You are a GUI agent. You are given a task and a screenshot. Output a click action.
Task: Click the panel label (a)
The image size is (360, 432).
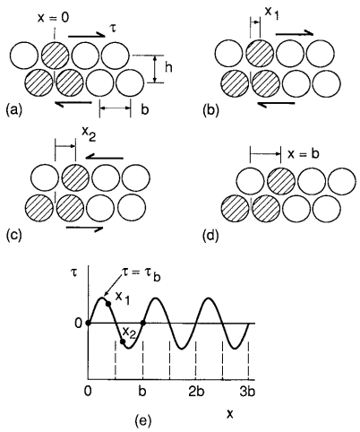pyautogui.click(x=14, y=110)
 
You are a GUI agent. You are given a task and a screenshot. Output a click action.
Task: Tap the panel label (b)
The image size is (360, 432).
pyautogui.click(x=210, y=110)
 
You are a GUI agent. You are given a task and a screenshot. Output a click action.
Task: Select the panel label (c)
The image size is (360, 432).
pyautogui.click(x=14, y=235)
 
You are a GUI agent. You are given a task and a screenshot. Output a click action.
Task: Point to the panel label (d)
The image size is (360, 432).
pyautogui.click(x=210, y=236)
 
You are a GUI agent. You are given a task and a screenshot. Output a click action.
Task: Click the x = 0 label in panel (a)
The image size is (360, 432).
pyautogui.click(x=53, y=18)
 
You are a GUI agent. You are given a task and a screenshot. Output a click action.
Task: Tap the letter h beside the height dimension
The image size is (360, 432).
pyautogui.click(x=168, y=68)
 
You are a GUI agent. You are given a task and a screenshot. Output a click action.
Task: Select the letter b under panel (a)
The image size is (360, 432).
pyautogui.click(x=145, y=109)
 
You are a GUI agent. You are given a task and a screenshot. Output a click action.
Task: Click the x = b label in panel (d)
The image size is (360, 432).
pyautogui.click(x=304, y=153)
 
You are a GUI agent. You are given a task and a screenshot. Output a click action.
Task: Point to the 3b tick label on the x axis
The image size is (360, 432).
pyautogui.click(x=247, y=392)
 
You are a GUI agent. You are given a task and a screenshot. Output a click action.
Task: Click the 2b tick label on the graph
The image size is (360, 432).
pyautogui.click(x=196, y=392)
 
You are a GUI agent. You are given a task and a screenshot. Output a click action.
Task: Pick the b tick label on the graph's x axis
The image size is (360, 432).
pyautogui.click(x=142, y=392)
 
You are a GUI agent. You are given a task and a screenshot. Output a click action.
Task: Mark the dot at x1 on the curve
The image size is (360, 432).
pyautogui.click(x=108, y=304)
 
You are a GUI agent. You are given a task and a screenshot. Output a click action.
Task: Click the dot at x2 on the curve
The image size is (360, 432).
pyautogui.click(x=123, y=341)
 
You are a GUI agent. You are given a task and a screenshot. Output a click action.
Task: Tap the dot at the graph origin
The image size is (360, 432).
pyautogui.click(x=88, y=323)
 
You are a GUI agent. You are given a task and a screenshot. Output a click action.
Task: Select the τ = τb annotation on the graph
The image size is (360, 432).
pyautogui.click(x=141, y=274)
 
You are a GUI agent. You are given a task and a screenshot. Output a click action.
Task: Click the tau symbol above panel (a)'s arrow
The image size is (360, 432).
pyautogui.click(x=113, y=29)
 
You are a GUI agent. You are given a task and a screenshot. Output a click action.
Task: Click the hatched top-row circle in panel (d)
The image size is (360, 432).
pyautogui.click(x=281, y=180)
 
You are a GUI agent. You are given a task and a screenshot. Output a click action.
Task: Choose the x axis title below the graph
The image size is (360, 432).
pyautogui.click(x=230, y=413)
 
